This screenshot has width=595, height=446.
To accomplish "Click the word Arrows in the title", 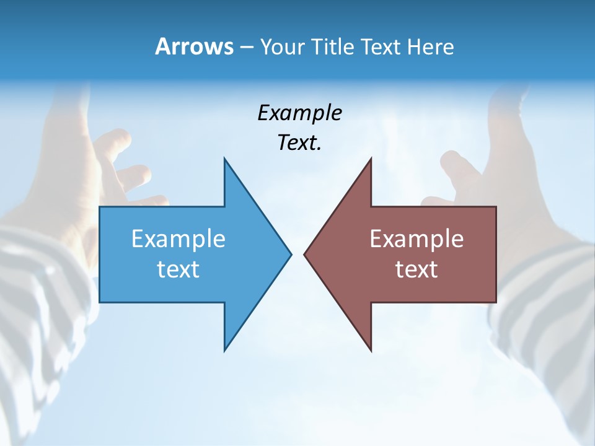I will pyautogui.click(x=194, y=46).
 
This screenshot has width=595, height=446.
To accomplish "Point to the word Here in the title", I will pyautogui.click(x=430, y=46).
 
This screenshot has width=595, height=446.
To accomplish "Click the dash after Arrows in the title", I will pyautogui.click(x=246, y=47).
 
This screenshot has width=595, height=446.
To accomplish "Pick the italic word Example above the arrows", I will pyautogui.click(x=299, y=113).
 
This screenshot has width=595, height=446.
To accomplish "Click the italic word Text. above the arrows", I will pyautogui.click(x=299, y=143).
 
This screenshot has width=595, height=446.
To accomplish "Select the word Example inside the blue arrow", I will pyautogui.click(x=178, y=239).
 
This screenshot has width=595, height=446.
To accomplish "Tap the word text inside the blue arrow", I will pyautogui.click(x=178, y=269).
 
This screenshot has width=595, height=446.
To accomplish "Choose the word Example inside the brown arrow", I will pyautogui.click(x=416, y=239).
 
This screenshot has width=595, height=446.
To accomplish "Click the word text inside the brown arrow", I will pyautogui.click(x=416, y=269).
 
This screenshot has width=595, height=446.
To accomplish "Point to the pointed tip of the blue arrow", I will pyautogui.click(x=290, y=254).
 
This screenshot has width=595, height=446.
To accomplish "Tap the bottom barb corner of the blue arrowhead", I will pyautogui.click(x=225, y=350).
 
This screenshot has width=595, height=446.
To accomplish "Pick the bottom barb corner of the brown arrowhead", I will pyautogui.click(x=371, y=350).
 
